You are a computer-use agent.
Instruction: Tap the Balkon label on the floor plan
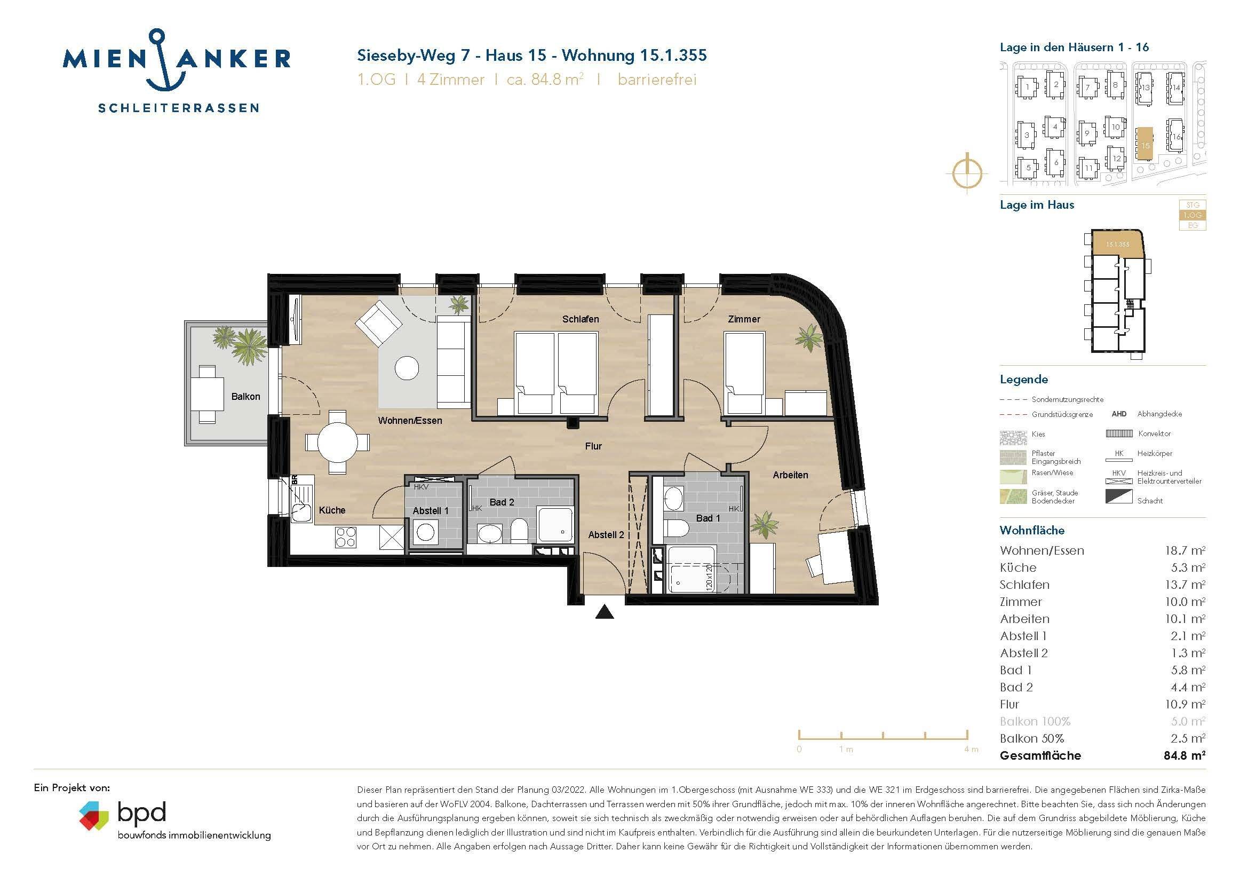pos(245,396)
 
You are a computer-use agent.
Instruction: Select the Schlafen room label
pos(581,319)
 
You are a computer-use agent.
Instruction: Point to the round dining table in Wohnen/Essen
pos(338,442)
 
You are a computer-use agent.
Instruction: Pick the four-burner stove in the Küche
pos(346,537)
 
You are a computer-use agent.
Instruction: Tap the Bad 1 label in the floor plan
pos(708,518)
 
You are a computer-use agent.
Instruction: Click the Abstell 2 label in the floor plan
pos(606,535)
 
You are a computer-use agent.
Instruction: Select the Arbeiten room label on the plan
pos(790,475)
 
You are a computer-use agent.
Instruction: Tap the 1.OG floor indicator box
pos(1193,215)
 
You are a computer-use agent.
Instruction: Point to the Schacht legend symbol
pos(1119,496)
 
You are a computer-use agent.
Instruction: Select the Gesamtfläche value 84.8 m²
pos(1185,755)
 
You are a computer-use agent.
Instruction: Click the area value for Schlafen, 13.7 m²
pos(1185,585)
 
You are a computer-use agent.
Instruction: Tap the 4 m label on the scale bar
pos(971,749)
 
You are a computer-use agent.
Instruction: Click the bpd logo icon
pos(93,815)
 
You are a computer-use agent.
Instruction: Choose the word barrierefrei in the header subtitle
pos(657,80)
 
